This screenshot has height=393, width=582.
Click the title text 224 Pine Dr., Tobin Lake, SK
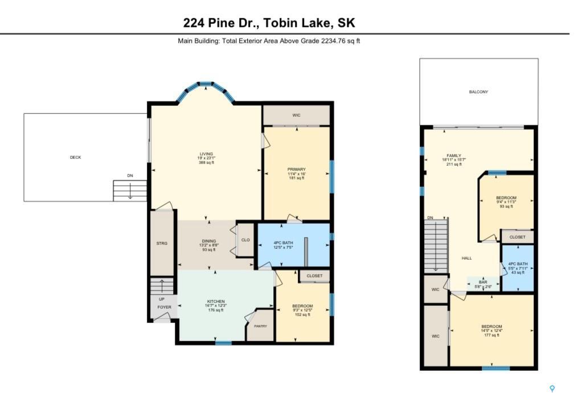(269, 23)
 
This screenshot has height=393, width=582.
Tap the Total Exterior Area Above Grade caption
(269, 41)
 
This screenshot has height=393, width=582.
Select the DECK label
(75, 157)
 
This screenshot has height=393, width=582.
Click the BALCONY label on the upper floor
(478, 92)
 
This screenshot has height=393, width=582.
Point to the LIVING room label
(206, 154)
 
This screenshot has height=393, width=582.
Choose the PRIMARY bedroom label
(296, 169)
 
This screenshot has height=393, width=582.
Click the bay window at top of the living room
(206, 87)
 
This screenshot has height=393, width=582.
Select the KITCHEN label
(215, 301)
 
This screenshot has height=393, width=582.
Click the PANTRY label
(260, 326)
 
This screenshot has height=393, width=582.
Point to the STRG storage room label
(162, 243)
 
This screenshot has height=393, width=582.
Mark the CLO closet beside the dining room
(245, 240)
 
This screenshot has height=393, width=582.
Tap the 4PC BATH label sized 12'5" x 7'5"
(284, 243)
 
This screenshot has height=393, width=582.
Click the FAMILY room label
(454, 155)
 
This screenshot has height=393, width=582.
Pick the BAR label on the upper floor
(482, 282)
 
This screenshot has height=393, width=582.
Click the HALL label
(466, 258)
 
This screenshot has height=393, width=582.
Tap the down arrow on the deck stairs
(130, 193)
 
